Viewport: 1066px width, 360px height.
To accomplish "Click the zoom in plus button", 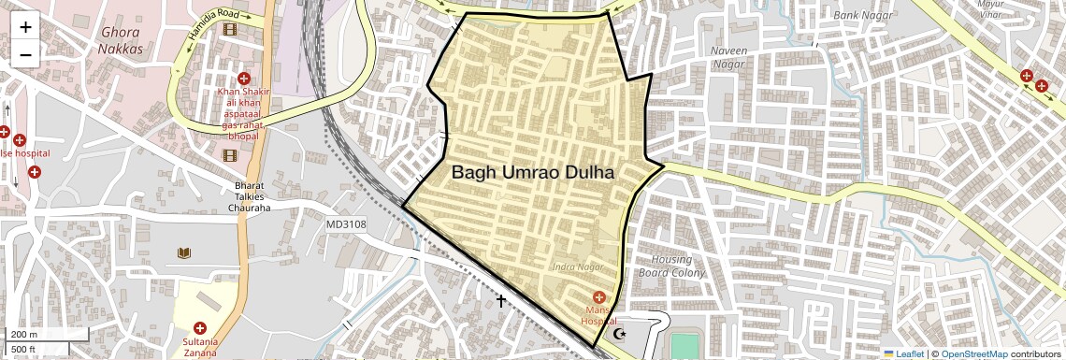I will (25, 28).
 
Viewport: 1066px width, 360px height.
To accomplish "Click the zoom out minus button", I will (25, 54).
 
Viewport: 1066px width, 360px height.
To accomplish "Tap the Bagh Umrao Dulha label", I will (533, 173).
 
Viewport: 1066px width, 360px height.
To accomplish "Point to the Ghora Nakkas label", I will (122, 40).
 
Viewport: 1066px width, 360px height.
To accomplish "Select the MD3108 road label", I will (346, 224).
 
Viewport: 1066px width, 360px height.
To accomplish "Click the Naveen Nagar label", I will (728, 57).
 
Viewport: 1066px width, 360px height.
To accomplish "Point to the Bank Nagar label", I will (858, 15).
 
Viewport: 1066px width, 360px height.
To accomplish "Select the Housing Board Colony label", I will (672, 266).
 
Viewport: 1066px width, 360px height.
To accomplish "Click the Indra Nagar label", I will (578, 268).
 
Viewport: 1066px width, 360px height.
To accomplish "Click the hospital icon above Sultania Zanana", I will (199, 327).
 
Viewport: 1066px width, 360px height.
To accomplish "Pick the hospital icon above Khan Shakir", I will (244, 79).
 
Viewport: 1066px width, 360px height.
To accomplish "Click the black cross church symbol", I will (501, 301).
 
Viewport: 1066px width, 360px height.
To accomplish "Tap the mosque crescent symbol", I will (616, 333).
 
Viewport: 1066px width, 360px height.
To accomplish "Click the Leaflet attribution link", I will (903, 353).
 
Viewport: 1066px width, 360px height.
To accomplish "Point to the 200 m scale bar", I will (48, 334).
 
